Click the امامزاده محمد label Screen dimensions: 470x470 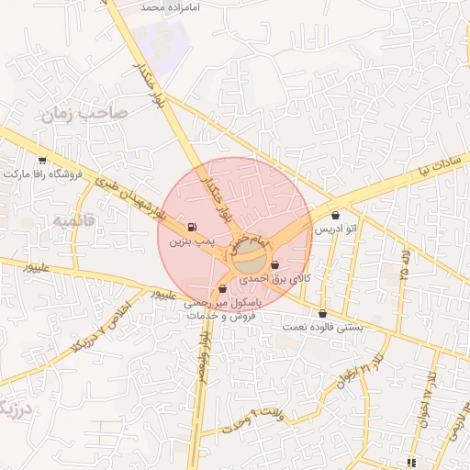click(170, 6)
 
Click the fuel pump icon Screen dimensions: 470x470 click(191, 227)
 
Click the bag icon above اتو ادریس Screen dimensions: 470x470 click(335, 216)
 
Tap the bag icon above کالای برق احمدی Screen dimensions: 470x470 click(275, 264)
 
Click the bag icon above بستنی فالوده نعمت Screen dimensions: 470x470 click(321, 315)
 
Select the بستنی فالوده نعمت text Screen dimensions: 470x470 click(321, 327)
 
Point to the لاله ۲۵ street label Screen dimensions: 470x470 click(403, 267)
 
